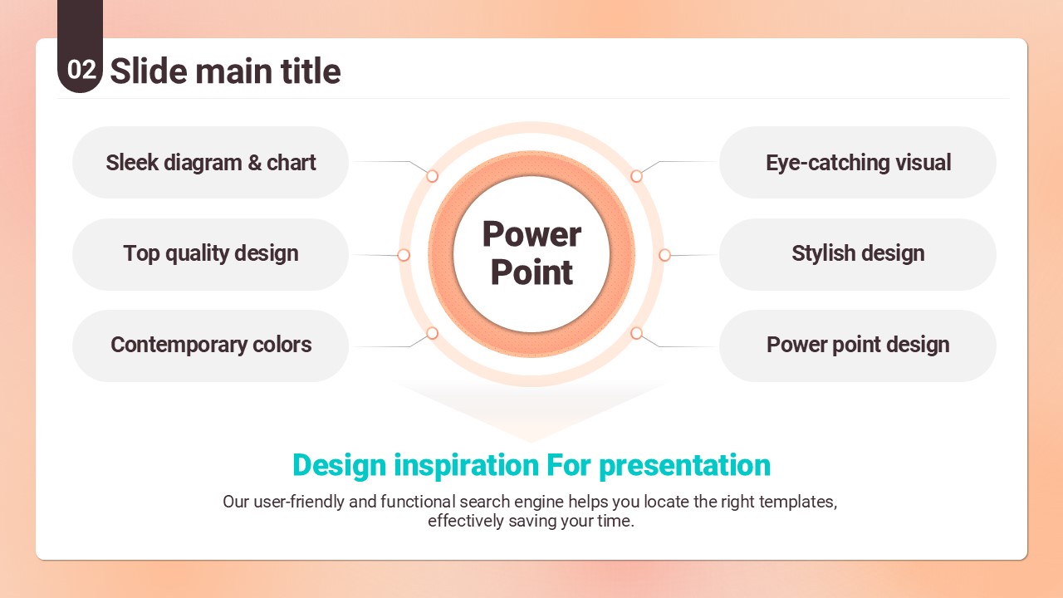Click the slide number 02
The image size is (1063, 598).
coord(81,70)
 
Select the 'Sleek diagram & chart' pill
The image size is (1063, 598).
coord(210,162)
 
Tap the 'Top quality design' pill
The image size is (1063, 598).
coord(210,254)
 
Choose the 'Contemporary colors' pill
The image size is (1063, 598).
coord(210,346)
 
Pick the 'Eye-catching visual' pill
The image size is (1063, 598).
coord(858,162)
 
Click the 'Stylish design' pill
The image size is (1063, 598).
coord(858,254)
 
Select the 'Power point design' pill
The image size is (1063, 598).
coord(858,346)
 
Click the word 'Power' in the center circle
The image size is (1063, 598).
coord(531,234)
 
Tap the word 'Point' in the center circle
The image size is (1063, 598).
coord(531,272)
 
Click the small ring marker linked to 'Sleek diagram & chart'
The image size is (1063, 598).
coord(432,176)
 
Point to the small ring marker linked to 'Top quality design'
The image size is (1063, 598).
coord(404,255)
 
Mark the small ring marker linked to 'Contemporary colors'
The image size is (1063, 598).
coord(432,333)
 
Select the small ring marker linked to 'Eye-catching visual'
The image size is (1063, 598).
coord(636,176)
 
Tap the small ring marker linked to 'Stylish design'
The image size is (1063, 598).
coord(665,255)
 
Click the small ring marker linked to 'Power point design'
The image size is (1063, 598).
coord(636,333)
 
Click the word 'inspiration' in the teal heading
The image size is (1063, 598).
coord(467,466)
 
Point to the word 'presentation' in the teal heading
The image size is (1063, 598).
coord(685,466)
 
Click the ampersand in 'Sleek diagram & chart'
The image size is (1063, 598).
coord(254,162)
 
